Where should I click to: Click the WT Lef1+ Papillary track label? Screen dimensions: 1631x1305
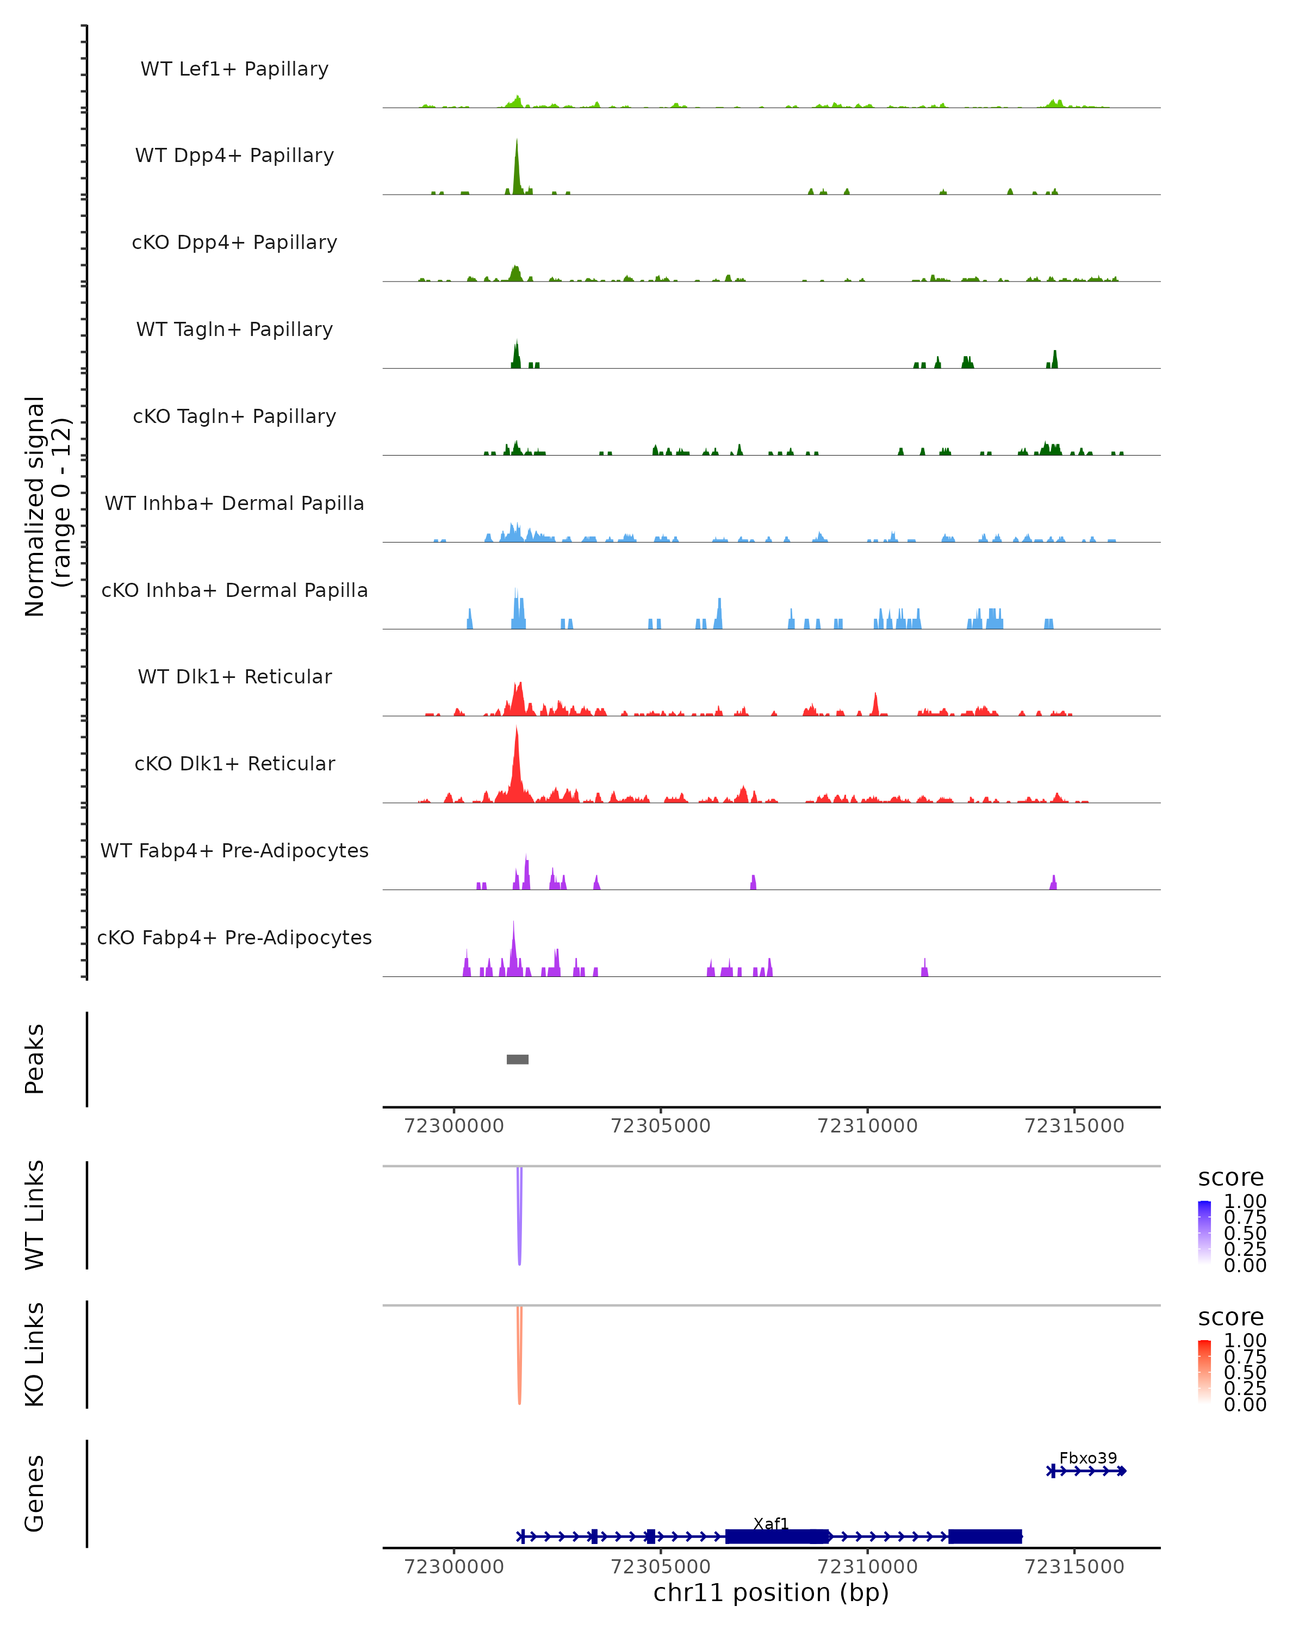click(x=234, y=69)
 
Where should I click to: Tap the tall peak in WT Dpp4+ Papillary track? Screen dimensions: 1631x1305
click(x=517, y=163)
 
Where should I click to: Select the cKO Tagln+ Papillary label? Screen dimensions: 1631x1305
click(x=234, y=416)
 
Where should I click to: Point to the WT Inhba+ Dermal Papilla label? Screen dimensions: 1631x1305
click(x=234, y=503)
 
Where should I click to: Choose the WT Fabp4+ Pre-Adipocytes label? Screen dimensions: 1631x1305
click(x=234, y=850)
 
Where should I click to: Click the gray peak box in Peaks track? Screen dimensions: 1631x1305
click(x=518, y=1059)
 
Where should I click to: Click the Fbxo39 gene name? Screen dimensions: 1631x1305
click(x=1088, y=1458)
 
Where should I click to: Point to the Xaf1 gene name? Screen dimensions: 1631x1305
click(x=771, y=1523)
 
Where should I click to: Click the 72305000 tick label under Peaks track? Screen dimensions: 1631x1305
click(x=661, y=1126)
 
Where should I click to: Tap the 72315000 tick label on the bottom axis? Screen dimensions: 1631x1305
click(x=1074, y=1567)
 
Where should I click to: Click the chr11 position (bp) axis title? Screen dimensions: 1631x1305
click(x=771, y=1593)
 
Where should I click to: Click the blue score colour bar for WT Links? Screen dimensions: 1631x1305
click(x=1204, y=1231)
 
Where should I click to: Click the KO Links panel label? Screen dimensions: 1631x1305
click(x=35, y=1354)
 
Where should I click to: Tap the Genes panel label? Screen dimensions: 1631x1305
click(x=35, y=1493)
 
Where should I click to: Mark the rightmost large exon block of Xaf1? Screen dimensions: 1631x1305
click(x=985, y=1536)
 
